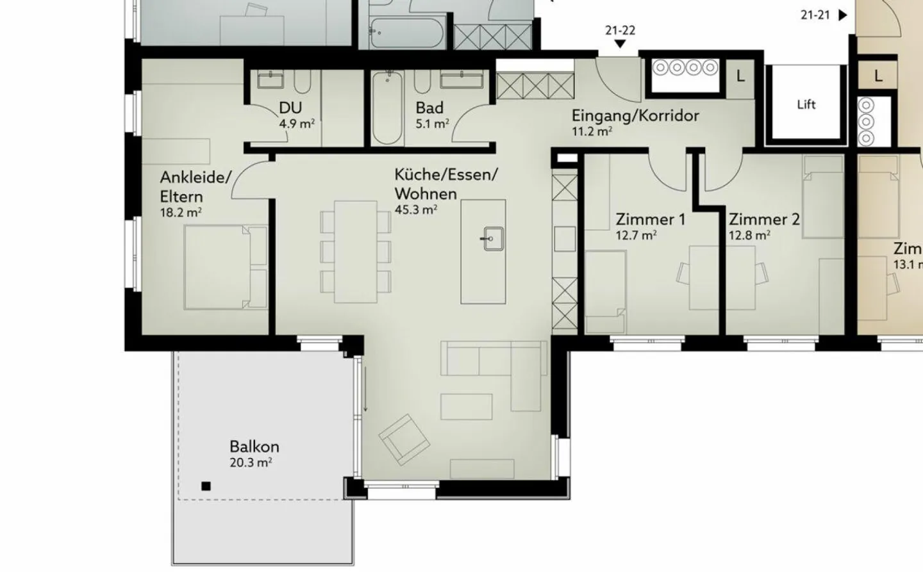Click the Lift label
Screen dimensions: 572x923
click(806, 104)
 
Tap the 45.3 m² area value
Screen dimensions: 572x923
click(416, 209)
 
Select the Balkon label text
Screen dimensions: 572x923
click(254, 446)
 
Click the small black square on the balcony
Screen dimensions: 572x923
click(206, 486)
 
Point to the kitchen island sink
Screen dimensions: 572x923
click(492, 240)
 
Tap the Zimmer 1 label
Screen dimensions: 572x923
click(650, 219)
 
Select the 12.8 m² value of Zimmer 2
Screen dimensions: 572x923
click(749, 235)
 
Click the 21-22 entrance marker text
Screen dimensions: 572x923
click(620, 30)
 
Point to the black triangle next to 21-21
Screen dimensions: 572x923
click(843, 14)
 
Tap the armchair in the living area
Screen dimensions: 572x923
click(404, 439)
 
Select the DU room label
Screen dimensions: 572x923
click(290, 108)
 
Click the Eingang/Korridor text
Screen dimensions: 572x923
click(635, 116)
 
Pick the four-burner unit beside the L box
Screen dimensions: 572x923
click(685, 67)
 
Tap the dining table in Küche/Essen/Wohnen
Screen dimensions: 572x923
click(355, 251)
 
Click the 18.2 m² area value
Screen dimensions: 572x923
click(181, 212)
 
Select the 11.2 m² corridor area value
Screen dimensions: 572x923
click(591, 132)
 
